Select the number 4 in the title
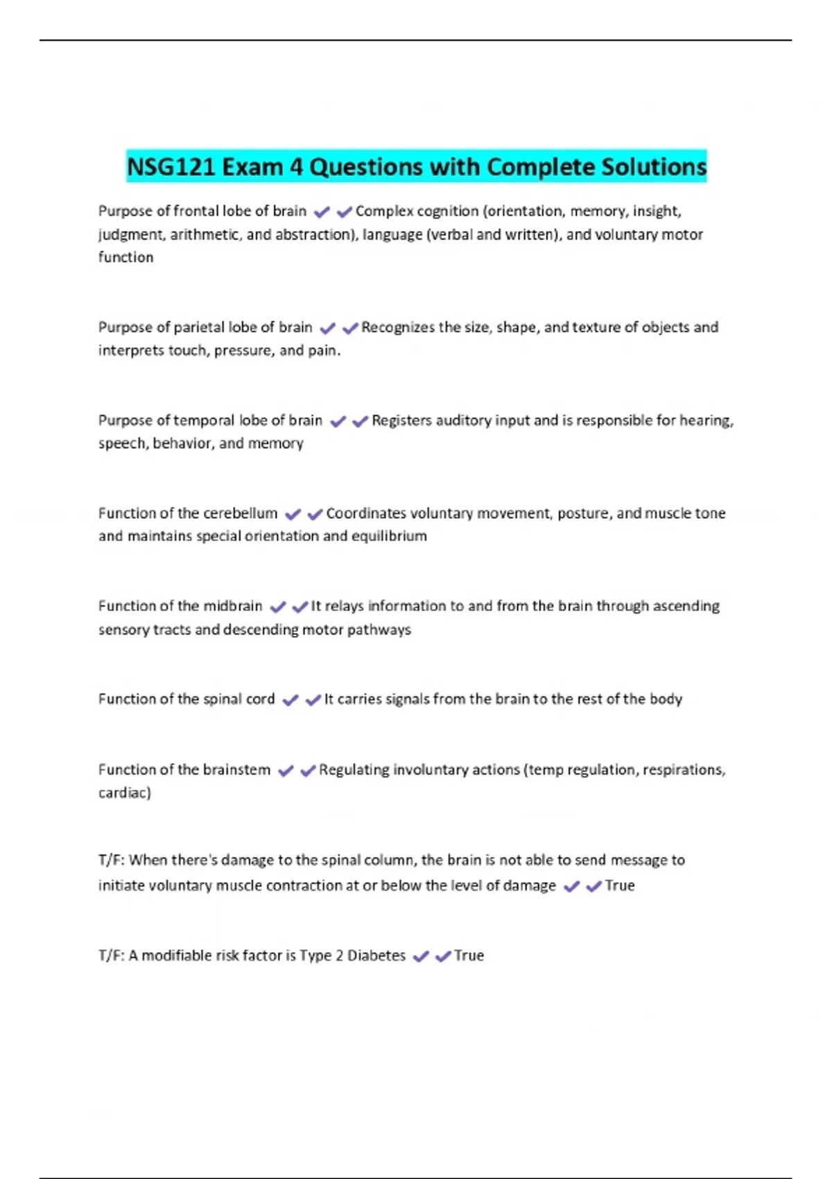click(296, 167)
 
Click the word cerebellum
click(240, 513)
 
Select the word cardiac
click(124, 793)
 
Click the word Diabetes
click(376, 956)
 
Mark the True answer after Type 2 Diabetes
click(469, 956)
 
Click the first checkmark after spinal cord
click(291, 700)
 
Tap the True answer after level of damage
click(620, 886)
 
